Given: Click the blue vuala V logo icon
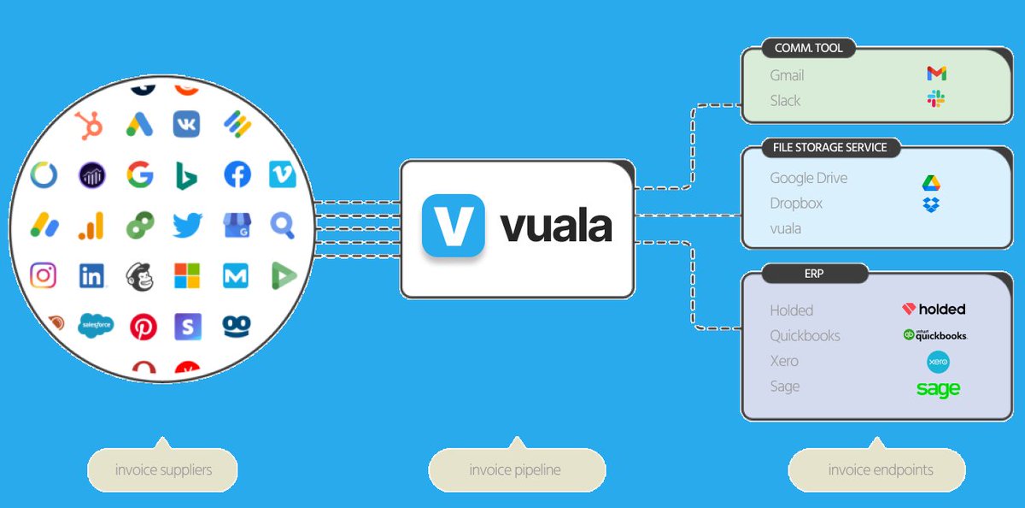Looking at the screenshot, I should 453,226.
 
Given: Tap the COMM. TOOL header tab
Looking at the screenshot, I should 807,49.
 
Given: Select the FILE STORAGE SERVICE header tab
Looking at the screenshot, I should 829,148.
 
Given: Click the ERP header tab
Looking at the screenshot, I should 814,274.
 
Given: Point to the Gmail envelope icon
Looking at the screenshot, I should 936,74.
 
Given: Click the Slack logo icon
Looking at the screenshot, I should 936,99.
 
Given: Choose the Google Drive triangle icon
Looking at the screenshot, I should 931,182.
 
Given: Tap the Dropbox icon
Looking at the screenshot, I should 931,204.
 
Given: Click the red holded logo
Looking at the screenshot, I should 934,310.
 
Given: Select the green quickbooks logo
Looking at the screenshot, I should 934,335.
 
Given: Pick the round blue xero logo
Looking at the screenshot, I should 939,362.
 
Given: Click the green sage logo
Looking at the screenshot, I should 938,389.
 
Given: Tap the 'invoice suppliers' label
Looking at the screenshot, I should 163,470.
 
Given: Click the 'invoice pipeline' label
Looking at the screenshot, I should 516,470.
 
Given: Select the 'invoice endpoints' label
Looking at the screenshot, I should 880,470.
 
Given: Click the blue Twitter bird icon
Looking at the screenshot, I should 187,225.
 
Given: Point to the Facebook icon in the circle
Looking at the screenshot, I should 237,175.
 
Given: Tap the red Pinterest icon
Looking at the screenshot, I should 143,326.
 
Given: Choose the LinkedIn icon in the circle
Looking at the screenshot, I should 91,275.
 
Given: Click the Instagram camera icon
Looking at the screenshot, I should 44,275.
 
